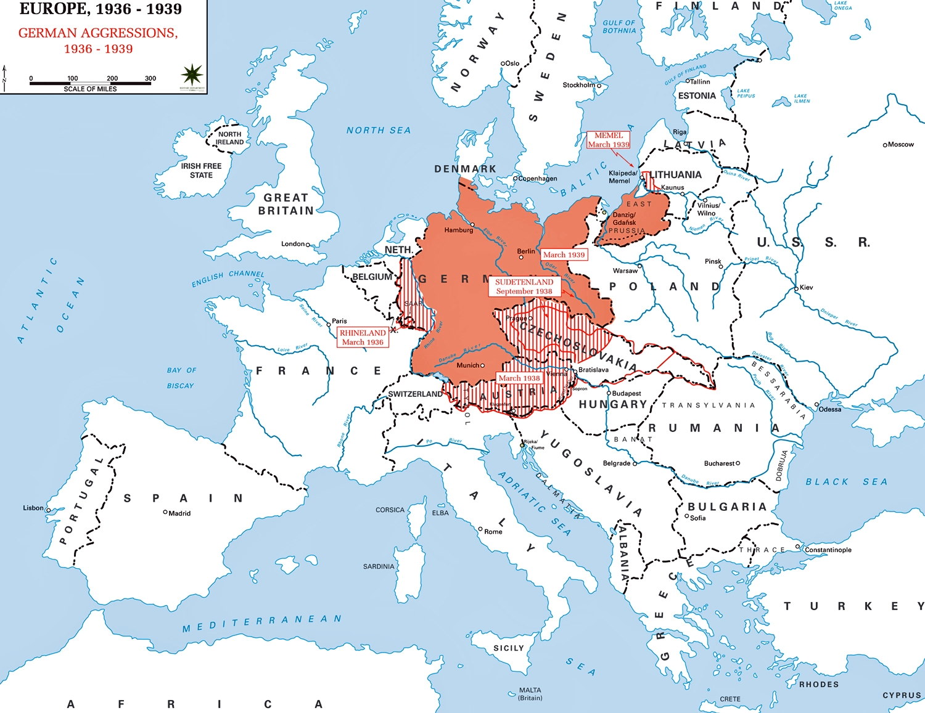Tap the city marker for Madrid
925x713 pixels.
[x=165, y=512]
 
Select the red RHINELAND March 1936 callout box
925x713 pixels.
[x=363, y=337]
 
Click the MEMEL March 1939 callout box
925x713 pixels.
[x=609, y=140]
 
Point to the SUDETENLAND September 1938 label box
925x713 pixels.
[x=524, y=287]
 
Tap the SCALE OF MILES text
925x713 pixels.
[x=90, y=89]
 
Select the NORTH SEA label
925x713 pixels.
[x=378, y=131]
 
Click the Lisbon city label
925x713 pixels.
[x=33, y=508]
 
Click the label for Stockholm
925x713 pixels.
[x=578, y=85]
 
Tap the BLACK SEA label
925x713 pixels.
[x=846, y=482]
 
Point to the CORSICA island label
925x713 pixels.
[x=390, y=510]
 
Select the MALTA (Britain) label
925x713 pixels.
[x=530, y=694]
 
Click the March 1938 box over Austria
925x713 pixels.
[x=519, y=378]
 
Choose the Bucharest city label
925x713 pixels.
[x=719, y=463]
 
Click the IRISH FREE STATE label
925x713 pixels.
[x=201, y=171]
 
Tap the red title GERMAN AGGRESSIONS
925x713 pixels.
[x=98, y=33]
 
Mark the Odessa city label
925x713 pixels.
[x=830, y=409]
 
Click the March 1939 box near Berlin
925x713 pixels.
[x=564, y=255]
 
